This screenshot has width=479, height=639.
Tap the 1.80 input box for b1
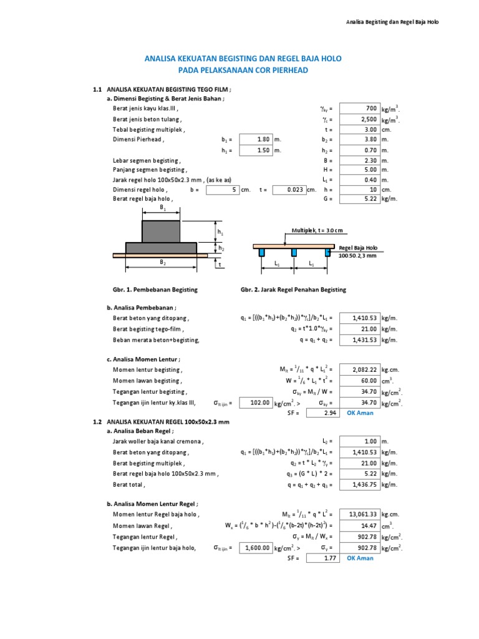pos(256,140)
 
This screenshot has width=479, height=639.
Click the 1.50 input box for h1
pos(256,150)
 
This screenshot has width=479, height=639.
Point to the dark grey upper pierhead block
pos(162,231)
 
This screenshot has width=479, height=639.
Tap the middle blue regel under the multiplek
pos(293,252)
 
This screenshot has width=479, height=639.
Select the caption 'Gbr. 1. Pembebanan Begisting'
pos(155,290)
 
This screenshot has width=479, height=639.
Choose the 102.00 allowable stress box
pos(256,403)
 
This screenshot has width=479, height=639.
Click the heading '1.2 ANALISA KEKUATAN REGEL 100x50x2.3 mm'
pos(162,422)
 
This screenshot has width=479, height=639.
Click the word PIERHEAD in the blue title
pos(288,71)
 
